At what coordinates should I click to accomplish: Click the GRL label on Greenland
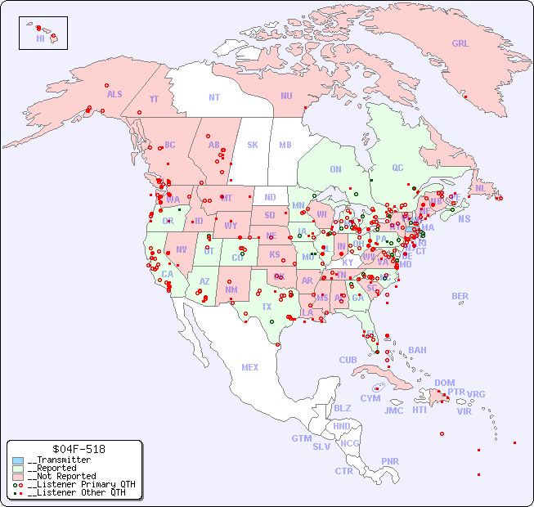460,44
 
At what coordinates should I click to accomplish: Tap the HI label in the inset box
40,38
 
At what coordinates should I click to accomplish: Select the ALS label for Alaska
114,94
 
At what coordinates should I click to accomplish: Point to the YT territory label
154,99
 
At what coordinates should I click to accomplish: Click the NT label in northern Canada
214,96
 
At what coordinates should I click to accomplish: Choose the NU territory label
286,96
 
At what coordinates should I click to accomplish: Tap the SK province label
253,145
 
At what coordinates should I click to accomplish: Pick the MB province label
285,145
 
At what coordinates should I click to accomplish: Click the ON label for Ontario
335,169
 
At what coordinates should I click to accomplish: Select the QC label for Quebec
397,168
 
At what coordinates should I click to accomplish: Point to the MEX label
250,367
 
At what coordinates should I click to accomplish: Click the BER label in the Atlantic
460,296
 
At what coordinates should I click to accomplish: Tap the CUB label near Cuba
348,360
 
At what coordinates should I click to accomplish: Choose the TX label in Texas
266,307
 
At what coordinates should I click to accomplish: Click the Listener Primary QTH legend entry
76,484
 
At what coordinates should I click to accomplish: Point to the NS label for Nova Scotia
464,218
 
